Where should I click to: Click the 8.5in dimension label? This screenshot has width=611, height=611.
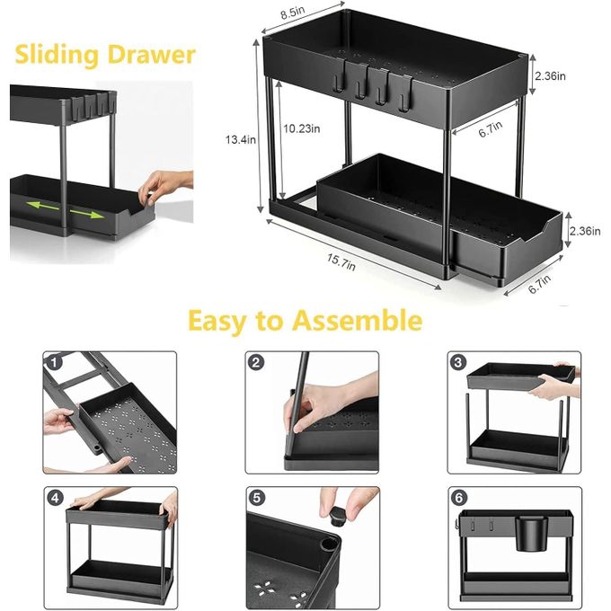click(x=293, y=12)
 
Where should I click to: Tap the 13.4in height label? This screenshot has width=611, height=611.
click(x=241, y=139)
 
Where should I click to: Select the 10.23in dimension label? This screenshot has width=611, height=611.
click(x=302, y=128)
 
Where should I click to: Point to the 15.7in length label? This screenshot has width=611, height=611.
click(x=341, y=261)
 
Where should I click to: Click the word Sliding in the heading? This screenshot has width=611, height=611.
click(x=57, y=55)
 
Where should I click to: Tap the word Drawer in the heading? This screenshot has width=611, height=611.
click(x=152, y=54)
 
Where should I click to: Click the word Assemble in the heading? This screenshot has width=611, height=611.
click(x=358, y=320)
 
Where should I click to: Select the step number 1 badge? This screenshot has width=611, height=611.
click(x=54, y=362)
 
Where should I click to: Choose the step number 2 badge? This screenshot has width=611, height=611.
click(x=256, y=362)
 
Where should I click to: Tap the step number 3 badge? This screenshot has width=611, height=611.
click(x=458, y=362)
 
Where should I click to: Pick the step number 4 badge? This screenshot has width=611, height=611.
click(x=55, y=498)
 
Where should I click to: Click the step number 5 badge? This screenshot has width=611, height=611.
click(x=256, y=498)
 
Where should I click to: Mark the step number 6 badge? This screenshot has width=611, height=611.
click(x=458, y=498)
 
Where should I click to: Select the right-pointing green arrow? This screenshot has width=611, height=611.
click(x=87, y=213)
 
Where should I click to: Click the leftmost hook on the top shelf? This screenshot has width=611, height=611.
click(x=338, y=82)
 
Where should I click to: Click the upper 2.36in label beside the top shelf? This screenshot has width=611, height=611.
click(x=550, y=75)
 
